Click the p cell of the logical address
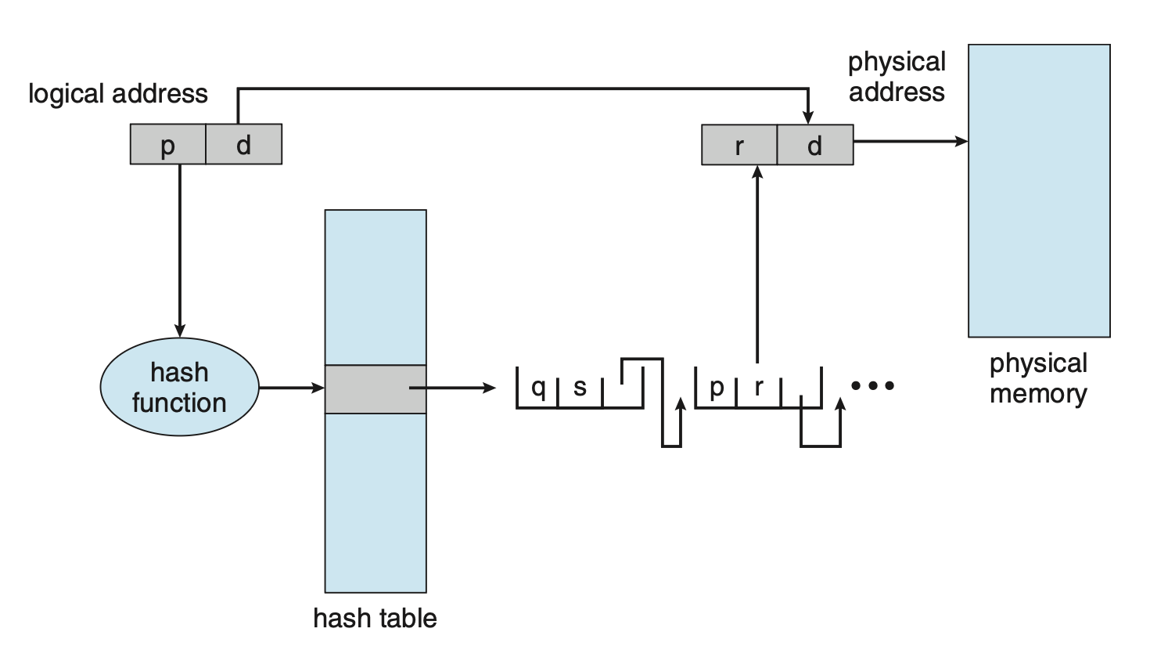[x=167, y=144]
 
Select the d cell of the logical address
[x=243, y=144]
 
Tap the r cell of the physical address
[x=739, y=145]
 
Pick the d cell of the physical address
[x=815, y=145]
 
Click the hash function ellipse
[x=179, y=387]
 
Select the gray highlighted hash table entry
[x=376, y=388]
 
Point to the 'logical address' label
[x=118, y=94]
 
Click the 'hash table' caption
[x=375, y=618]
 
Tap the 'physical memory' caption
[x=1038, y=377]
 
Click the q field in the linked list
[x=538, y=387]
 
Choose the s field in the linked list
[x=580, y=387]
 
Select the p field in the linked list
[x=717, y=387]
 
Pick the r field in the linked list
[x=758, y=387]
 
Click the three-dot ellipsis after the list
[x=872, y=385]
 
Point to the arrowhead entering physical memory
[x=961, y=141]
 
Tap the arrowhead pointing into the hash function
[x=180, y=330]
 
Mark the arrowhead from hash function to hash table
[x=318, y=387]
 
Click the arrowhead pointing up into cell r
[x=756, y=172]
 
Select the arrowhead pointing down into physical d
[x=808, y=117]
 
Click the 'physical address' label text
[x=897, y=77]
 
